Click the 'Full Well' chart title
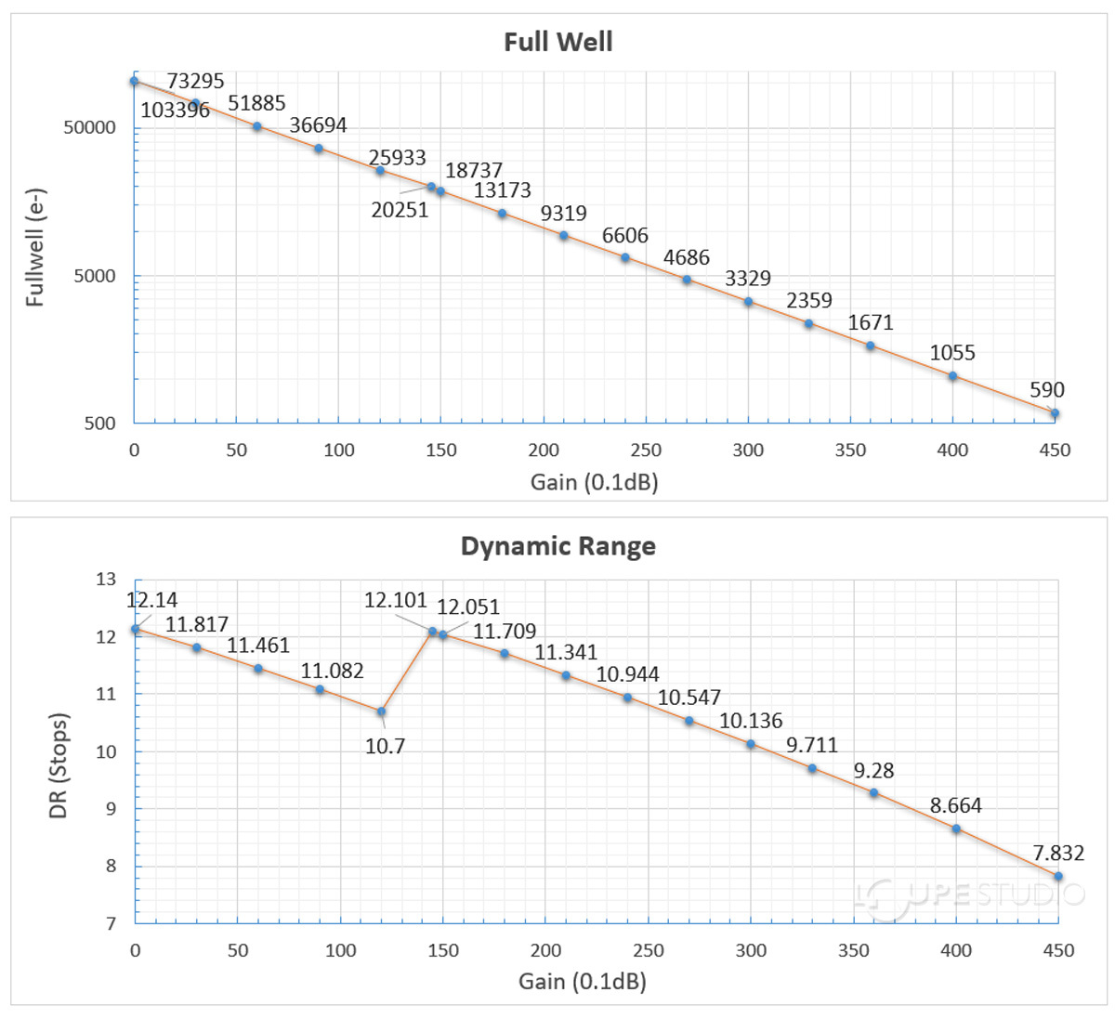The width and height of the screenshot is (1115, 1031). point(557,43)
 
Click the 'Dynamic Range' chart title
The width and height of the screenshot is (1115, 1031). point(557,546)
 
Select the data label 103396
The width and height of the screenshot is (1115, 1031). point(175,111)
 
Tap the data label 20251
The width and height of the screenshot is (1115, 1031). point(400,211)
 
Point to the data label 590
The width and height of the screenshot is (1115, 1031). point(1046,390)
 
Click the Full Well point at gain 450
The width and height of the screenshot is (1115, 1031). point(1055,413)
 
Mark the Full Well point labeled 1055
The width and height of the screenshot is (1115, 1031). point(952,376)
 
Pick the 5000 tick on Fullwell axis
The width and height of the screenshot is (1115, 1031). point(97,276)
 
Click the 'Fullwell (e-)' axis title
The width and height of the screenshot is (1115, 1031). point(35,247)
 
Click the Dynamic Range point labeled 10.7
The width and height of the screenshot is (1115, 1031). point(381,711)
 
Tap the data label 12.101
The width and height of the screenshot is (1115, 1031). point(395,600)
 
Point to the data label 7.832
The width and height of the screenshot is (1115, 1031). point(1057,853)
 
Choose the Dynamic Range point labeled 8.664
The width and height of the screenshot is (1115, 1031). point(956,829)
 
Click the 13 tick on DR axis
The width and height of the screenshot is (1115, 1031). point(106,580)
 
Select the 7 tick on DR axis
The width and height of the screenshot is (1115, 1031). point(111,923)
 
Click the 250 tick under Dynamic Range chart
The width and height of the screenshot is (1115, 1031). point(649,950)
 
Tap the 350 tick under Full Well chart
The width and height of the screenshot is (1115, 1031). point(850,450)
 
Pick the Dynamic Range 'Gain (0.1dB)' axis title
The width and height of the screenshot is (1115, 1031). point(583,981)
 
